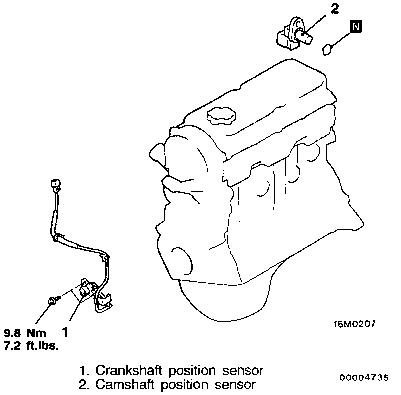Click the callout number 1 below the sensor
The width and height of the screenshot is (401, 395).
click(x=64, y=331)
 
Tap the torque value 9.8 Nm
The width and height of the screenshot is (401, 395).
click(x=25, y=333)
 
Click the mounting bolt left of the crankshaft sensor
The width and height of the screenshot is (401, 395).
click(x=52, y=300)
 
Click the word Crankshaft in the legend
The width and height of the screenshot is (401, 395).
click(x=123, y=371)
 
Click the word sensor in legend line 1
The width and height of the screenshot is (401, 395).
click(x=241, y=371)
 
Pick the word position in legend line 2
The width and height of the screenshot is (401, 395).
click(x=180, y=385)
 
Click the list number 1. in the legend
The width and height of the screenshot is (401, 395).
click(x=84, y=371)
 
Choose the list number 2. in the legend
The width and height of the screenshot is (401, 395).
click(x=84, y=385)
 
